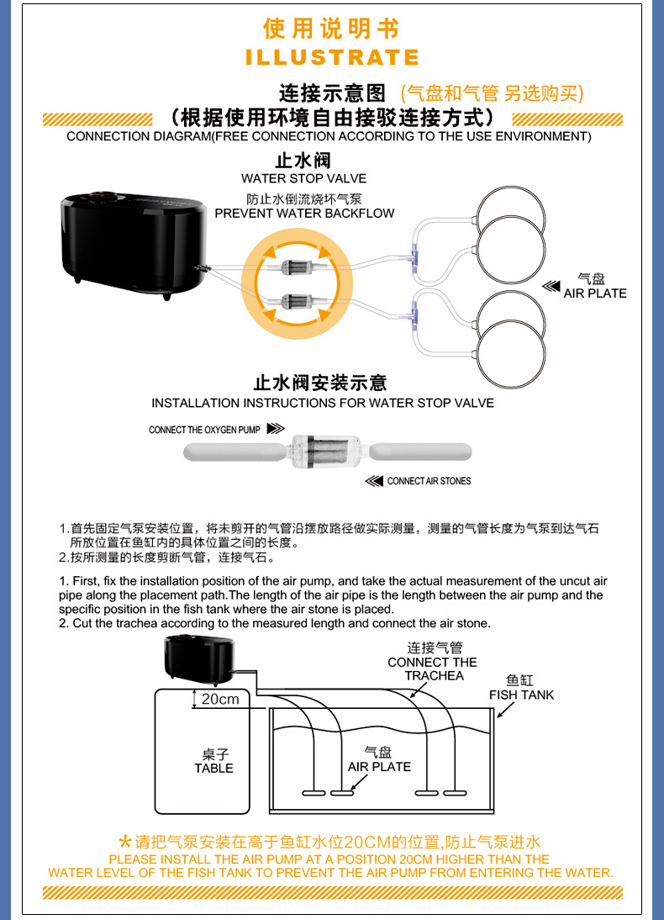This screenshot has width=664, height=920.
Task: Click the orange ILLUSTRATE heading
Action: coord(332,57)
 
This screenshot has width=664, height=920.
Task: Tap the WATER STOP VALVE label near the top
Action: coord(303,178)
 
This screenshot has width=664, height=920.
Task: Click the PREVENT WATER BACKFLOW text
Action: coord(304,214)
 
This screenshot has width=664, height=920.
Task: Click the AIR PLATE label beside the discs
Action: coord(594,293)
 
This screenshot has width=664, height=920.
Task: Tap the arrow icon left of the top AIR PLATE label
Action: coord(551,287)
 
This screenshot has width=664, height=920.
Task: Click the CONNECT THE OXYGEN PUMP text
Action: coord(204,430)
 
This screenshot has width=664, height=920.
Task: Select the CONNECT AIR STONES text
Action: coord(429,481)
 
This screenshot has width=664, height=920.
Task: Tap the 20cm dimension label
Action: coord(219,700)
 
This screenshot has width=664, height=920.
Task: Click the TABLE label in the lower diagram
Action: coord(213,768)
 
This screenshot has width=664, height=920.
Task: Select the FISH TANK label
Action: coord(521,695)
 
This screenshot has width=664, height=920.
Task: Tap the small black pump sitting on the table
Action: coord(198,658)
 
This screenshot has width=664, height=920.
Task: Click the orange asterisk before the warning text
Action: coord(125,842)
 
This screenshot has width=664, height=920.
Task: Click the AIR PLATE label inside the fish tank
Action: coord(379,766)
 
